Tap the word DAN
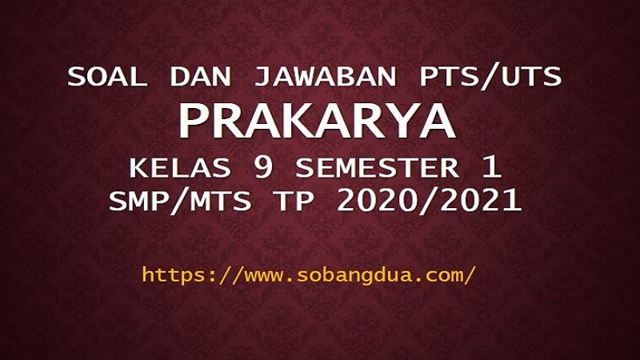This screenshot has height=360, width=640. pos(200,77)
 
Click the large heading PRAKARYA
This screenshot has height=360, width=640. pos(317,122)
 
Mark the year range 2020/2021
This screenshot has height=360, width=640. pos(429,201)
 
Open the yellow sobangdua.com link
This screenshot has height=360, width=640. pos(309,275)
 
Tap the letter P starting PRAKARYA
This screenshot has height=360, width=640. pos(193,122)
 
